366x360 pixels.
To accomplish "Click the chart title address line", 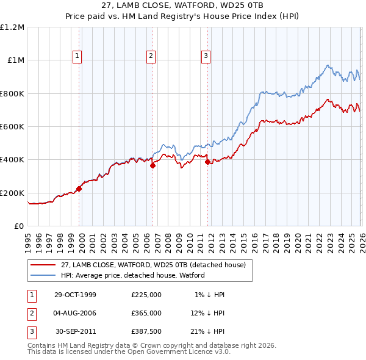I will [x=183, y=6].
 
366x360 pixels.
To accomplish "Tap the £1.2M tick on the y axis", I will [x=12, y=27].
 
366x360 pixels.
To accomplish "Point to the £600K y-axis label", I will [x=12, y=127].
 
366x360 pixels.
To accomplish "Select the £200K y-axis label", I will [x=12, y=193].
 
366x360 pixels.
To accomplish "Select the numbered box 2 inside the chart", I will [x=151, y=56].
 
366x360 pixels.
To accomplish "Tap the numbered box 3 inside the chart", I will [x=206, y=56].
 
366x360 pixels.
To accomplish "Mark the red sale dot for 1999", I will [x=79, y=189].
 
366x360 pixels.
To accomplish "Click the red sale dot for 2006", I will [x=152, y=165].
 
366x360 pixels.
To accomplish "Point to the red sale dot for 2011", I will [x=208, y=162].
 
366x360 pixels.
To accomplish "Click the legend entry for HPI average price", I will [x=133, y=275].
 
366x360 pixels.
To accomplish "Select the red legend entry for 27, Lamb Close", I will [x=152, y=265].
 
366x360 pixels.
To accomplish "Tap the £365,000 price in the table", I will [x=146, y=313].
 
